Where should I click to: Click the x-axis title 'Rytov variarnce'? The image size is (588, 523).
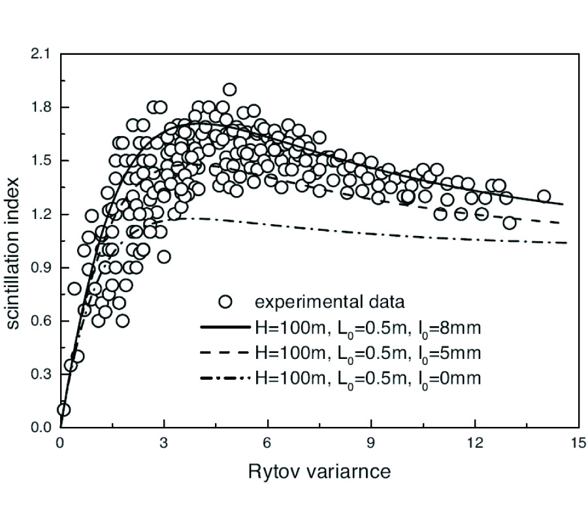(x=319, y=471)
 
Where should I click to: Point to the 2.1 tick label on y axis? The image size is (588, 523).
(x=41, y=54)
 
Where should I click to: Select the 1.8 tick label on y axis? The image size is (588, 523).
(x=41, y=107)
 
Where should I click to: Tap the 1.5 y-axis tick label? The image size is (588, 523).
(x=41, y=161)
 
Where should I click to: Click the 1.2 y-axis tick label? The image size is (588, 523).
(x=41, y=214)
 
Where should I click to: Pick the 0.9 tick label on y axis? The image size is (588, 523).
(x=41, y=268)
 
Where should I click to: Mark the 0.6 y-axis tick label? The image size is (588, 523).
(x=41, y=321)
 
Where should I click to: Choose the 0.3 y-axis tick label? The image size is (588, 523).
(x=41, y=375)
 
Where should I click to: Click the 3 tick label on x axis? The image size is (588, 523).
(x=163, y=442)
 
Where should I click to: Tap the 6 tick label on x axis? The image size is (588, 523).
(x=267, y=442)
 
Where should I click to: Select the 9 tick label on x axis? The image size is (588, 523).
(x=371, y=442)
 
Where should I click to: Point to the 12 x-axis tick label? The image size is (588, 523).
(x=475, y=442)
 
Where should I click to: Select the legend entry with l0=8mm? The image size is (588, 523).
(x=367, y=328)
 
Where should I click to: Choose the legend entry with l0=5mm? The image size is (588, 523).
(x=367, y=354)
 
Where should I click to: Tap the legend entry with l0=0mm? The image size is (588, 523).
(x=367, y=379)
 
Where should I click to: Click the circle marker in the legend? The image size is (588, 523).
(x=226, y=302)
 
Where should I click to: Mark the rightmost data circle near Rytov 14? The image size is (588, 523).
(x=544, y=196)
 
